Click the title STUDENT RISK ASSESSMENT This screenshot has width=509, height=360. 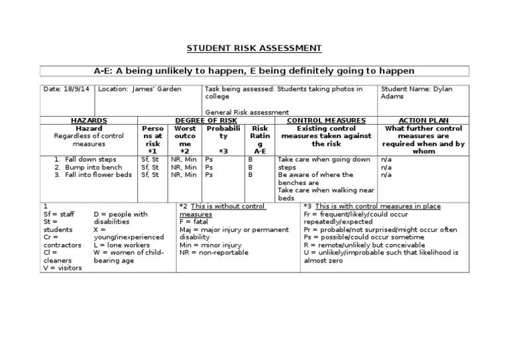pyautogui.click(x=254, y=48)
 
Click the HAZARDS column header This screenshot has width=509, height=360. pyautogui.click(x=89, y=120)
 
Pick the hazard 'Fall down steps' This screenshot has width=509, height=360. pyautogui.click(x=90, y=160)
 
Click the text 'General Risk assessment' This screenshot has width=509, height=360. pyautogui.click(x=247, y=112)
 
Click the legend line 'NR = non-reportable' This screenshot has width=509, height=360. pyautogui.click(x=214, y=253)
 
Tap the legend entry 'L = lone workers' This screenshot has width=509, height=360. pyautogui.click(x=123, y=245)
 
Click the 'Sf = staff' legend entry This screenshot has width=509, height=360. pyautogui.click(x=56, y=214)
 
